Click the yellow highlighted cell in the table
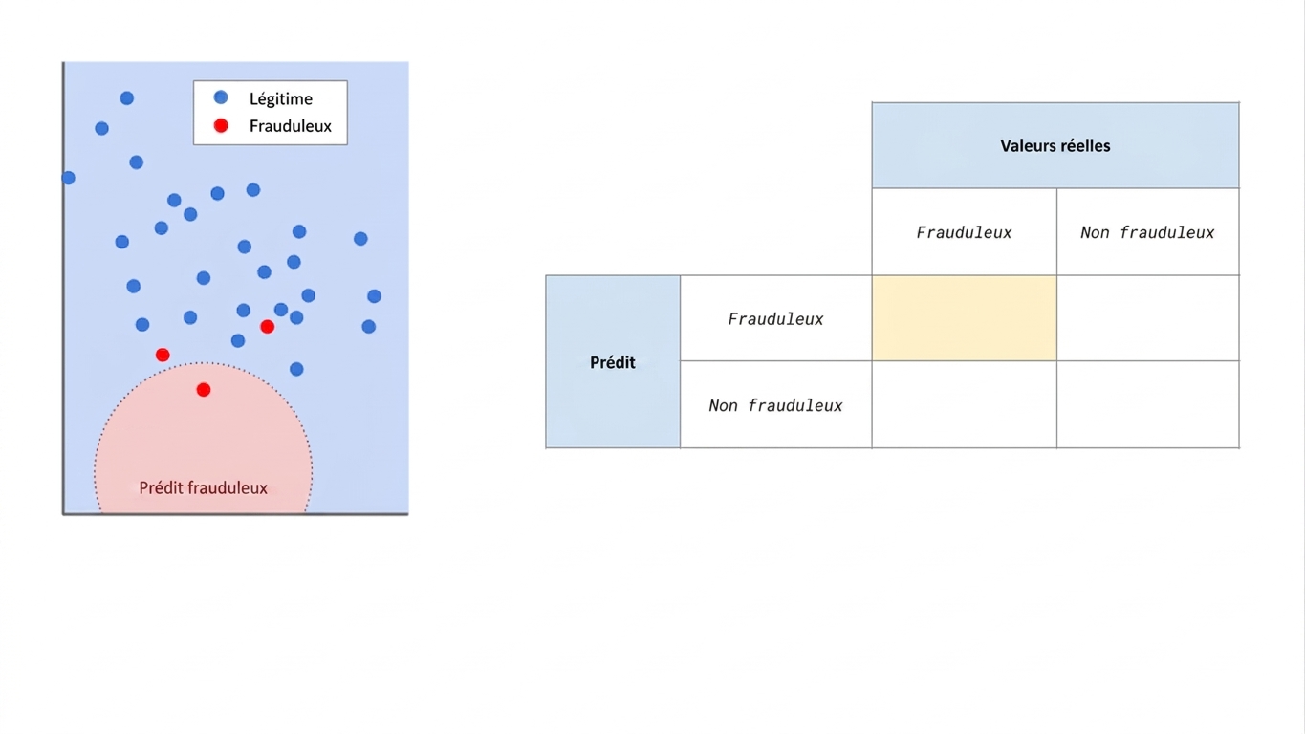tap(965, 318)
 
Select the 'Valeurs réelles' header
tap(1055, 145)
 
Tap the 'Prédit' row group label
tap(612, 362)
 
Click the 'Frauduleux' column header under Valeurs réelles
tap(965, 232)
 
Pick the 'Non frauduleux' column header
tap(1147, 232)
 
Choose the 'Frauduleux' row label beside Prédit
tap(775, 318)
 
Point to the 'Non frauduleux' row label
tap(775, 405)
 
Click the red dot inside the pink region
tap(204, 390)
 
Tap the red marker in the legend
tap(221, 125)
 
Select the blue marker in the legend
tap(221, 97)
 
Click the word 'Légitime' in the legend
tap(281, 99)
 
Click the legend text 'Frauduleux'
tap(290, 126)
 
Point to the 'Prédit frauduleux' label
tap(203, 487)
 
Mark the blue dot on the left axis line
tap(68, 178)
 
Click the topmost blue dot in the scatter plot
tap(127, 97)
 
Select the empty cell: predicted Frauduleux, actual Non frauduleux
tap(1147, 318)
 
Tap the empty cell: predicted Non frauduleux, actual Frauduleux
tap(965, 404)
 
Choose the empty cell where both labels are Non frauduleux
tap(1147, 404)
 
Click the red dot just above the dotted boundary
tap(163, 355)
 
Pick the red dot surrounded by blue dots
tap(268, 327)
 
